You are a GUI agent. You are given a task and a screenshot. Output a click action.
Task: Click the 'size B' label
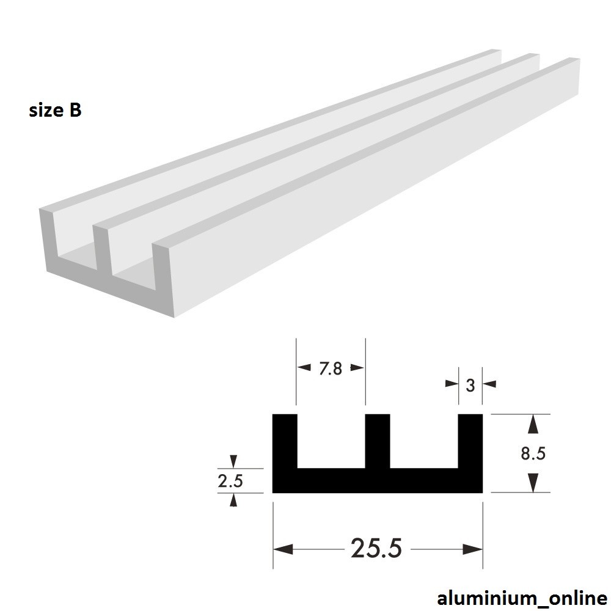[x=55, y=111]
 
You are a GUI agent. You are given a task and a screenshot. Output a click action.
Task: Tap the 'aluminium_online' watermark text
[x=522, y=598]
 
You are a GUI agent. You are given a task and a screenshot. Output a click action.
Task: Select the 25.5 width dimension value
[x=376, y=549]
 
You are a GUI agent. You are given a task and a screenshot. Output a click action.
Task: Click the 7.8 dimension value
[x=330, y=368]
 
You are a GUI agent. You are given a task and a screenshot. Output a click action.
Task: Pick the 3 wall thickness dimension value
[x=470, y=385]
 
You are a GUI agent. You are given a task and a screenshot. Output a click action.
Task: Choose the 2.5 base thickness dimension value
[x=230, y=481]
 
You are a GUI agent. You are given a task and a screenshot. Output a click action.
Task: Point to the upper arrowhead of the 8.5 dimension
[x=533, y=423]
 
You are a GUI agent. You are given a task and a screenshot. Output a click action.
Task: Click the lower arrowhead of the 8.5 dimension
[x=533, y=483]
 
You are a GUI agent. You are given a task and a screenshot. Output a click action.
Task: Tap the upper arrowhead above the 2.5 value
[x=233, y=461]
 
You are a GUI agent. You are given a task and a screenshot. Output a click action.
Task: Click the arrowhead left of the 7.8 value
[x=304, y=368]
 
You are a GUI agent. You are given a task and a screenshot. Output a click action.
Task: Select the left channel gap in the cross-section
[x=331, y=440]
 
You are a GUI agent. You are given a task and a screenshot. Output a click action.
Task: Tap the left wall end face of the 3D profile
[x=48, y=241]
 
